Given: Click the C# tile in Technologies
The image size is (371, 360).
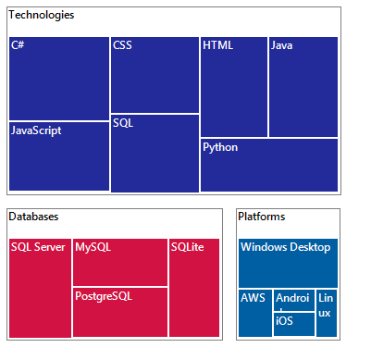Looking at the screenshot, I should (x=58, y=79).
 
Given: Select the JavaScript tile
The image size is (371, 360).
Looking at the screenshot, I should (x=58, y=156).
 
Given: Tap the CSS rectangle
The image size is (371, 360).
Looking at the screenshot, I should (x=155, y=74).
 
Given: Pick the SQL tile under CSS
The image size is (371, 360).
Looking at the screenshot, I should (x=155, y=154).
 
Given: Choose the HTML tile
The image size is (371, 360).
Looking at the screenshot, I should (x=234, y=87).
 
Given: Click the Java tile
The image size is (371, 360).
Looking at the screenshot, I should (x=303, y=87).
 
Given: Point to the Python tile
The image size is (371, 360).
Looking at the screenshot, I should (x=269, y=166).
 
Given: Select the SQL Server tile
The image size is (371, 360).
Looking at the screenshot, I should (x=40, y=288).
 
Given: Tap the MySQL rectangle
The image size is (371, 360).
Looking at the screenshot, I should (x=120, y=263).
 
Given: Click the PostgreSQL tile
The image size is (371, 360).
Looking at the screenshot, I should (x=120, y=313).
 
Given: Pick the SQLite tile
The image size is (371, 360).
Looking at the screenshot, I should (x=194, y=288).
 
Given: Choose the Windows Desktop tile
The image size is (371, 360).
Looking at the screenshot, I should (x=288, y=263).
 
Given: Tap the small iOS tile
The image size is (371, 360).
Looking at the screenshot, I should (x=293, y=325).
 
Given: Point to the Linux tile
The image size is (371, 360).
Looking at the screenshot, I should (x=327, y=313).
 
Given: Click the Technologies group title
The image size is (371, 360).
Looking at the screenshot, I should (x=43, y=16).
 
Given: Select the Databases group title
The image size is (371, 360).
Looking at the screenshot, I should (x=34, y=217).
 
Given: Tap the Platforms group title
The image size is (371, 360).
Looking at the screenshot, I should (x=262, y=217).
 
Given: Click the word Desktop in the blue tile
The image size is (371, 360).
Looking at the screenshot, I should (x=310, y=247).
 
